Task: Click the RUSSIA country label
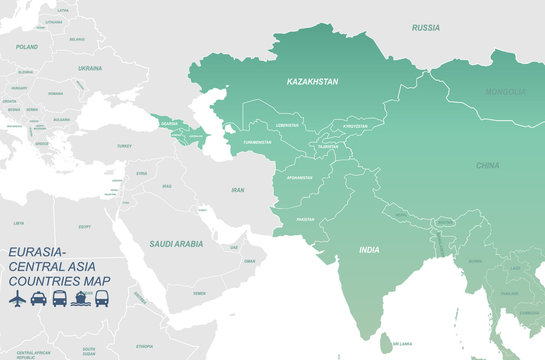[425, 27]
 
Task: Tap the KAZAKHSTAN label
[312, 81]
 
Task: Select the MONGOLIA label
[505, 92]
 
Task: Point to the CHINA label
[488, 165]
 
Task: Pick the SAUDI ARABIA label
[176, 243]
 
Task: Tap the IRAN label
[237, 189]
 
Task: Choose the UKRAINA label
[90, 68]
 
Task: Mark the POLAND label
[27, 47]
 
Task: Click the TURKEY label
[124, 146]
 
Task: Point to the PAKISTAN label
[305, 219]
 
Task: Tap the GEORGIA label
[170, 124]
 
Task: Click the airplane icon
[16, 298]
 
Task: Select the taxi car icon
[38, 298]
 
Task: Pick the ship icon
[81, 298]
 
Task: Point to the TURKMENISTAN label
[255, 142]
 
